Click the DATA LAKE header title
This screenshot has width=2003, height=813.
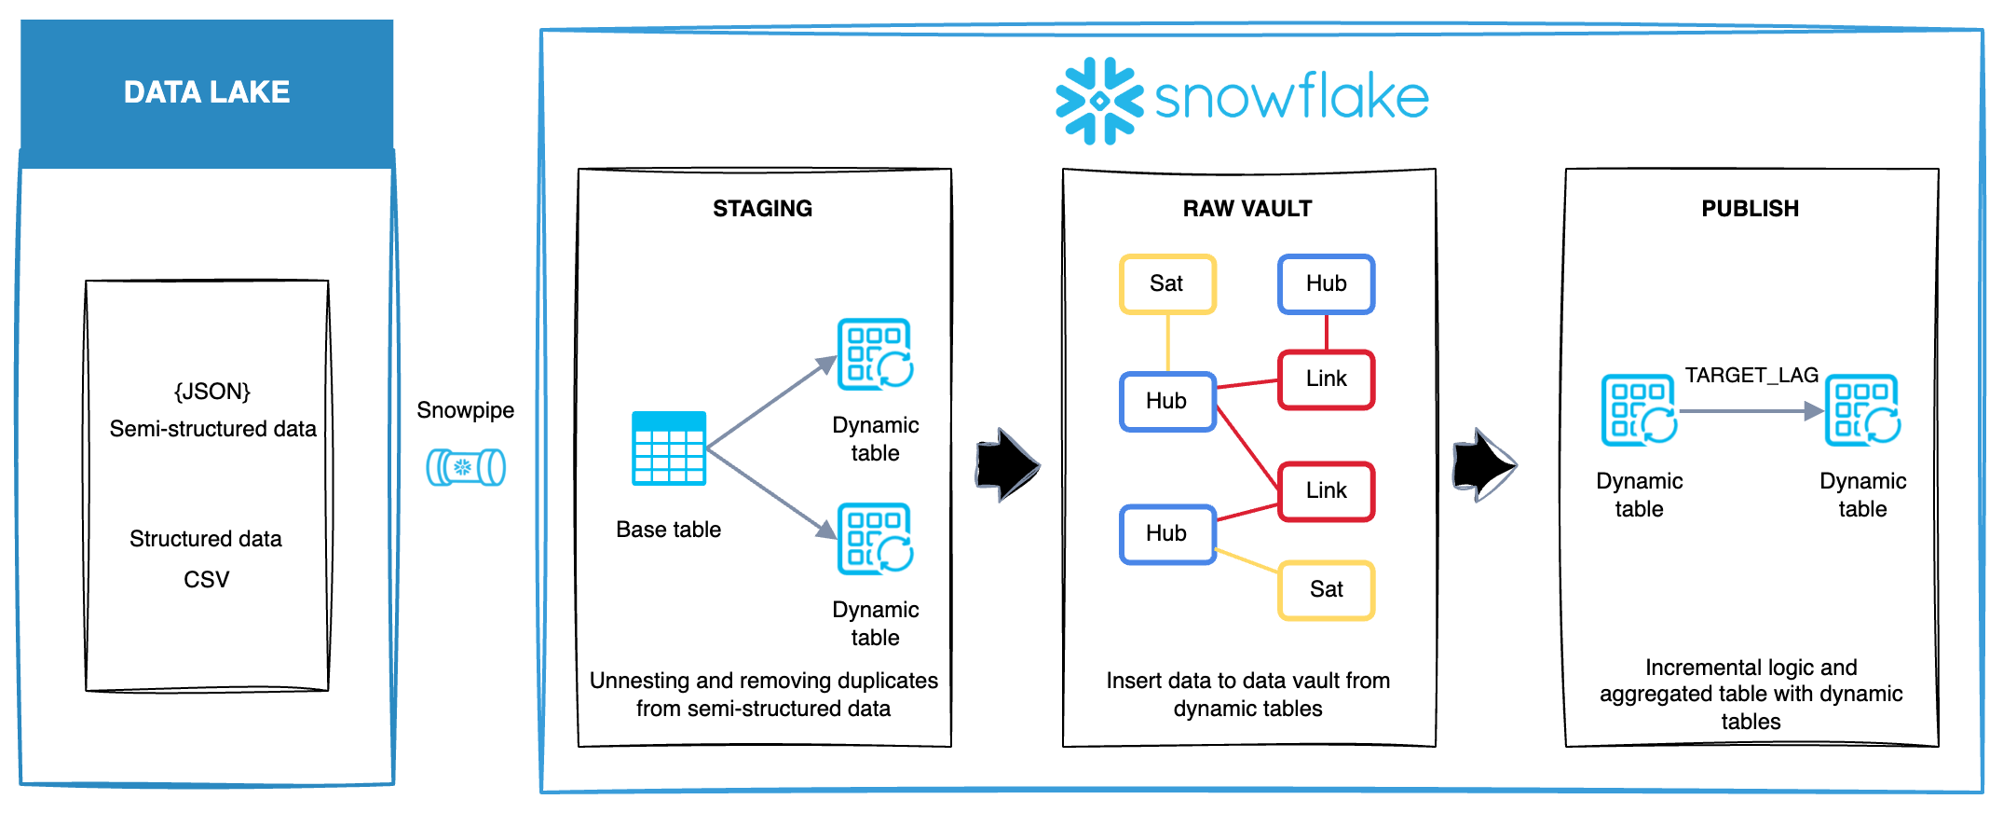[x=207, y=92]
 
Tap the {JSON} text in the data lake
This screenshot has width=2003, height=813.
[x=212, y=392]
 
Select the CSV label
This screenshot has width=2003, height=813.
[x=206, y=580]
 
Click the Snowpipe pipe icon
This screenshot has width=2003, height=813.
[x=466, y=467]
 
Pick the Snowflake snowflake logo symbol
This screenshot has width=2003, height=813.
[x=1099, y=101]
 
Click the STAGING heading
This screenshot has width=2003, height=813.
[x=762, y=209]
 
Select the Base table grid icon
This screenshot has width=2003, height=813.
[x=669, y=448]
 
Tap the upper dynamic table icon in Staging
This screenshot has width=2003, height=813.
[x=875, y=354]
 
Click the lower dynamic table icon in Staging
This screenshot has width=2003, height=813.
[x=875, y=539]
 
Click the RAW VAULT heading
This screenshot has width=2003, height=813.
[x=1247, y=209]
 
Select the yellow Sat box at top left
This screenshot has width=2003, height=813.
[x=1167, y=284]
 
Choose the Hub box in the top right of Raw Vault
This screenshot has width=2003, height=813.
[x=1326, y=284]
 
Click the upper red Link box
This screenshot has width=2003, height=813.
[x=1326, y=379]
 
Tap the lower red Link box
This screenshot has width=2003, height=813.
[x=1326, y=491]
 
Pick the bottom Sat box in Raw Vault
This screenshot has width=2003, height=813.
[x=1326, y=590]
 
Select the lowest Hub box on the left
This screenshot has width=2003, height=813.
[x=1167, y=534]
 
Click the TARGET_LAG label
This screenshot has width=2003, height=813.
[x=1751, y=376]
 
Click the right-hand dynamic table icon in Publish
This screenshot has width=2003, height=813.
[x=1862, y=410]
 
